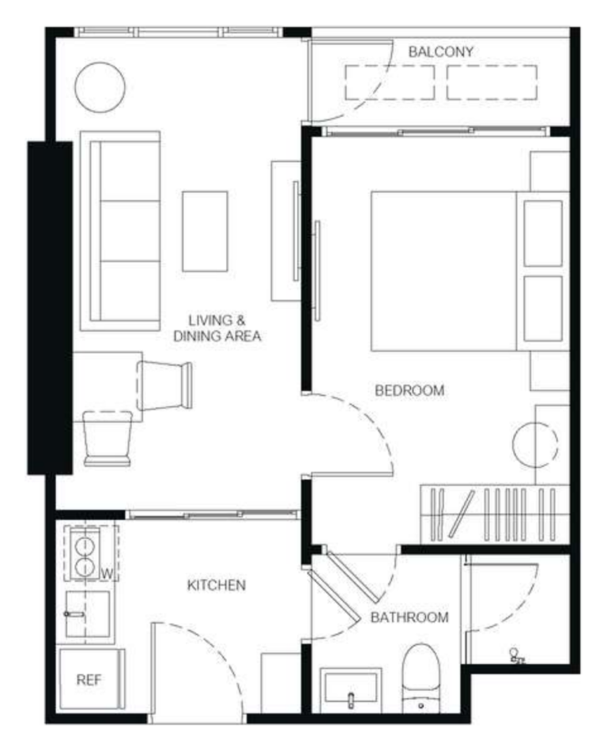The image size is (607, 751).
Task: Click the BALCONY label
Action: click(440, 51)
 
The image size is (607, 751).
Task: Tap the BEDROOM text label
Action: click(409, 391)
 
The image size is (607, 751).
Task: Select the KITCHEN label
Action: click(217, 585)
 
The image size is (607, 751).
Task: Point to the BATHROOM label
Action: click(409, 617)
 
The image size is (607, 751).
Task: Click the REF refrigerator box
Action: click(89, 679)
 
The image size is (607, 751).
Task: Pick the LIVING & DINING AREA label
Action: click(217, 328)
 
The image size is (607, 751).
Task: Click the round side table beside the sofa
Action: click(100, 87)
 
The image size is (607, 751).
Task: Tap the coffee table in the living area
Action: click(205, 232)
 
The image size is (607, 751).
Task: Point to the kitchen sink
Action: click(88, 614)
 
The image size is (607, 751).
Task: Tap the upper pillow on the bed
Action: click(543, 233)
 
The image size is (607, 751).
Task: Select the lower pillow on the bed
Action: click(543, 308)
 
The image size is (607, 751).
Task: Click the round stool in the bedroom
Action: click(535, 444)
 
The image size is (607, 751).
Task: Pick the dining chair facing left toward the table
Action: click(164, 386)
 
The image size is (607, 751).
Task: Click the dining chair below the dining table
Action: click(107, 438)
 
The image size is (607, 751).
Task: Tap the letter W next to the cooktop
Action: click(107, 574)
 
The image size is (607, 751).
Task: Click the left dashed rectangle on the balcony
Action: click(390, 82)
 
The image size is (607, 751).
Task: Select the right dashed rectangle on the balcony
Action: click(492, 82)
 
